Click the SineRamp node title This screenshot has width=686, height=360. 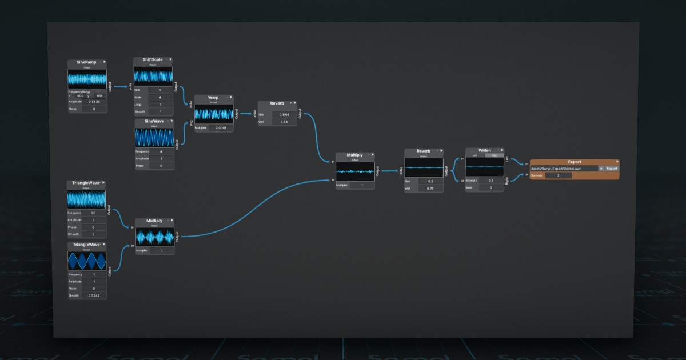86,62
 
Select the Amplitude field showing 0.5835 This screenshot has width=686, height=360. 94,102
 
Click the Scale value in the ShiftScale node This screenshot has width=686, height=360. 160,98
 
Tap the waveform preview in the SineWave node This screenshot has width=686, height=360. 154,138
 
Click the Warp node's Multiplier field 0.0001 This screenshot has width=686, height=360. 220,128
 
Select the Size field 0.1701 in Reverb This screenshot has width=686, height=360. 284,115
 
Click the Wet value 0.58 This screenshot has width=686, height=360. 284,122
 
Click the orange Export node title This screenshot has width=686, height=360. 573,162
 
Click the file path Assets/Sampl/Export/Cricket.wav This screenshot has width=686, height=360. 563,169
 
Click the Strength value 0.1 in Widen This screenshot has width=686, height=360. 490,181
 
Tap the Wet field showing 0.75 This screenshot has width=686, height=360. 429,188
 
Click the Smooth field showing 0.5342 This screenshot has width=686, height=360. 93,295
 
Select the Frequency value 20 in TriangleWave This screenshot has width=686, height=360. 93,213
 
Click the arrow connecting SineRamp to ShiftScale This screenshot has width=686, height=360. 119,87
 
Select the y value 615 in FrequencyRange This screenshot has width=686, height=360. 99,95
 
